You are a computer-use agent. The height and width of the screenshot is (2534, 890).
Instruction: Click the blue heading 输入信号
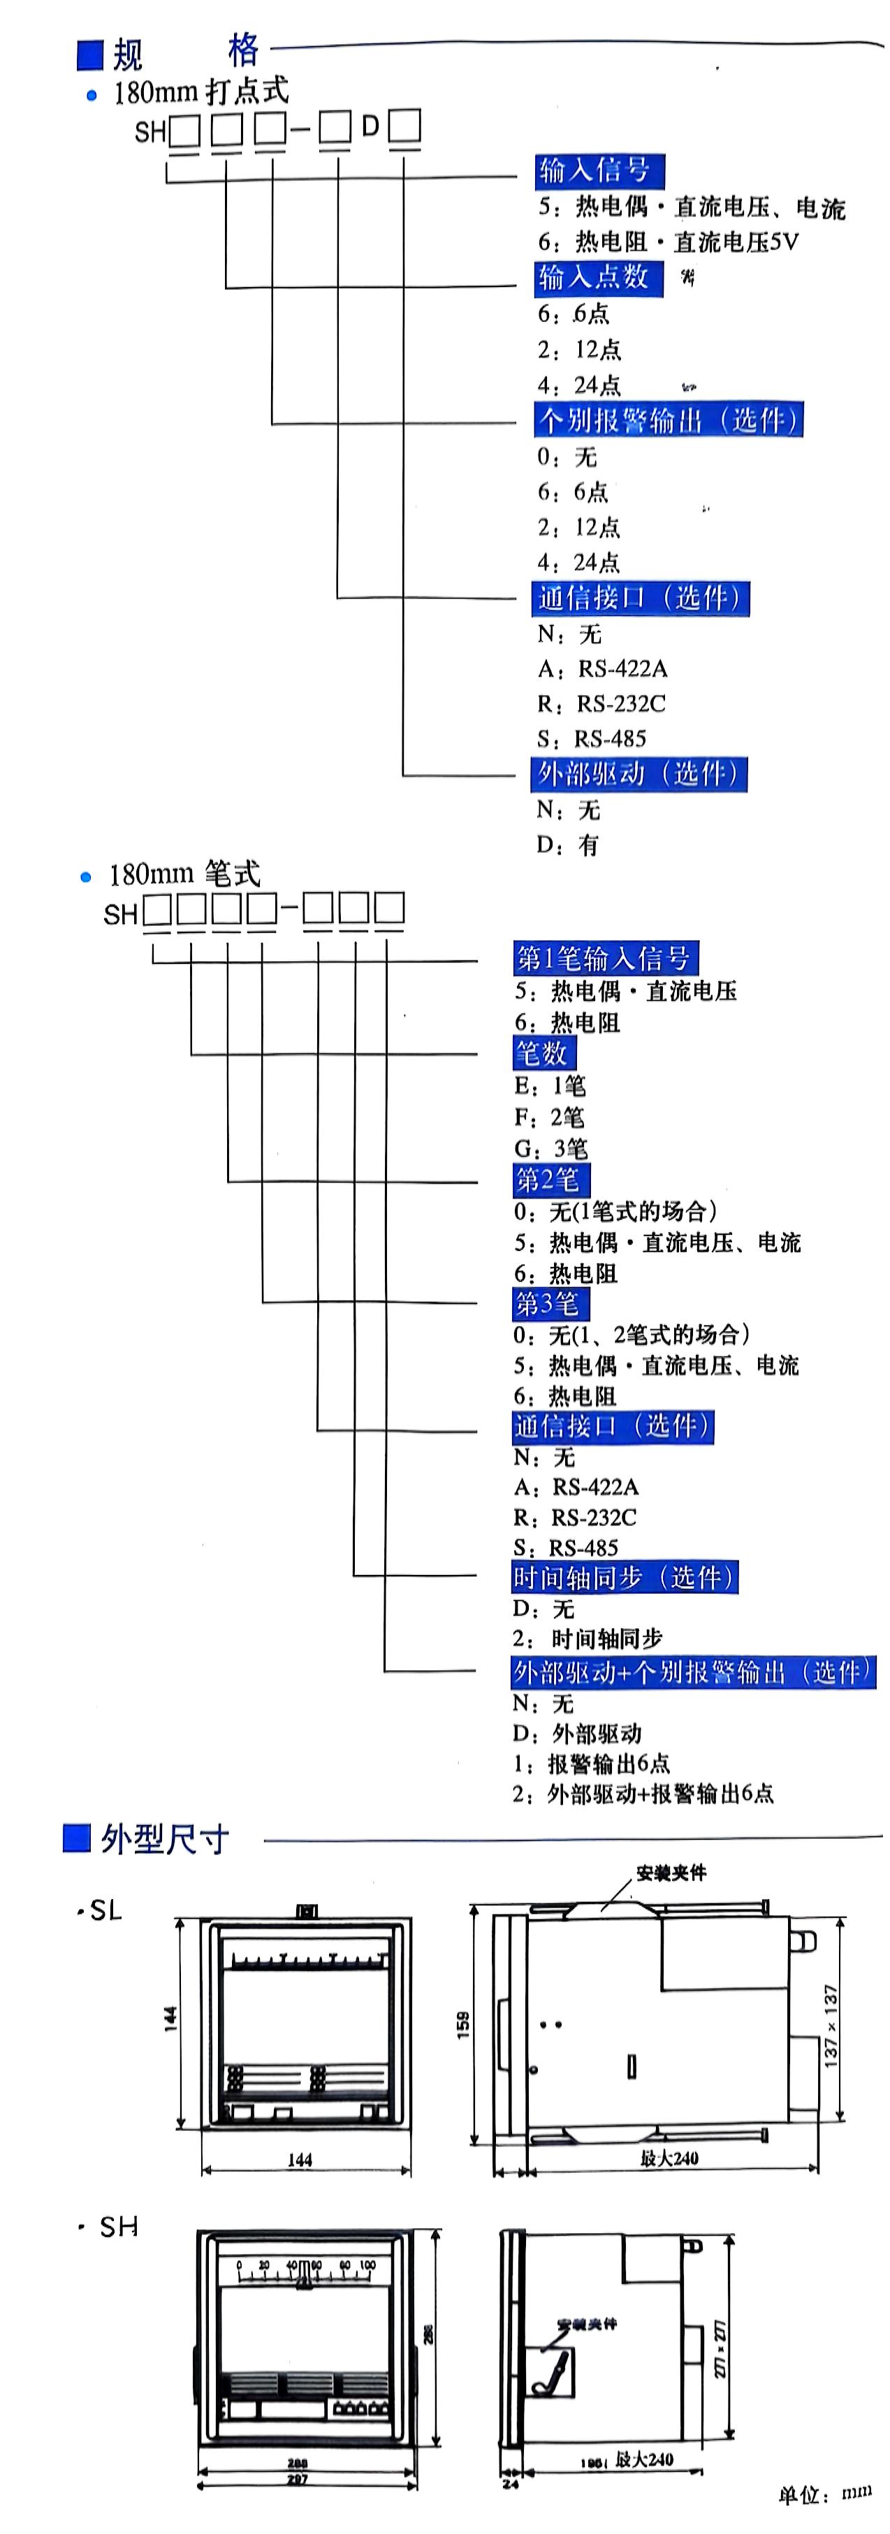click(598, 170)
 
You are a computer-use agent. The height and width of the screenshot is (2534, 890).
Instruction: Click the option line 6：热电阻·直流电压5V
click(668, 242)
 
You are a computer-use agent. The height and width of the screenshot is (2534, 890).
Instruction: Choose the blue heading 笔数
click(543, 1053)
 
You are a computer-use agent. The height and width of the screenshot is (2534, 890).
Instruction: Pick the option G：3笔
click(550, 1148)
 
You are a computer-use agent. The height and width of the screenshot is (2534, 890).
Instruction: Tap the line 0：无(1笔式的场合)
click(615, 1211)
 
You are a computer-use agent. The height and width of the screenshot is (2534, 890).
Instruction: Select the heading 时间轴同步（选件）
click(624, 1577)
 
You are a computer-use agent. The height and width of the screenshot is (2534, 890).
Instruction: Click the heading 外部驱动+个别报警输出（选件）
click(692, 1671)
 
